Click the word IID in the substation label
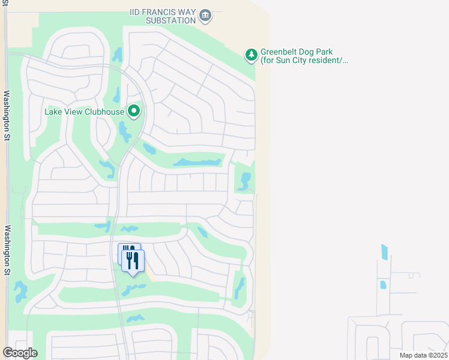coord(137,11)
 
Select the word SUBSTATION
coord(170,20)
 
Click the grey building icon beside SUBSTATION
coord(205,15)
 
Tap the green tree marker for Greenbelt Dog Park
coord(251,56)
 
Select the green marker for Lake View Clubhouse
coord(134,111)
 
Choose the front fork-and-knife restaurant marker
coord(133,261)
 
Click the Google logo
coord(20,353)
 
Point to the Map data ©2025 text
coord(424,355)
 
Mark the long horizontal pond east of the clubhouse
coord(197,163)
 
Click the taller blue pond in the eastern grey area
coord(384,251)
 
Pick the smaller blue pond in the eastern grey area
coord(382,284)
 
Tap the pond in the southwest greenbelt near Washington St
coord(20,292)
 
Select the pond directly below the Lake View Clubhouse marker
coord(124,131)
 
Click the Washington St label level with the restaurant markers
coord(8,251)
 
